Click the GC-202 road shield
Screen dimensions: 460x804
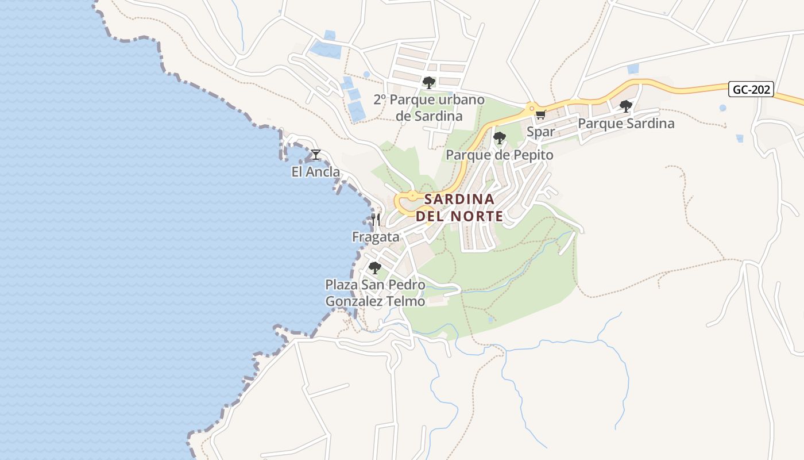(751, 89)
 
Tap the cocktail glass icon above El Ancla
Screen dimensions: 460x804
(315, 154)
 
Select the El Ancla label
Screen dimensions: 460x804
(315, 172)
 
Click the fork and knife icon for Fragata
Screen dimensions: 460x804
(376, 219)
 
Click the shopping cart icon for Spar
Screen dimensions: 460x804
(540, 114)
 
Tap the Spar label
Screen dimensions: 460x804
(540, 132)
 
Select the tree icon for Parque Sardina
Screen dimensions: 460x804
(625, 106)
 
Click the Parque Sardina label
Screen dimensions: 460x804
(625, 124)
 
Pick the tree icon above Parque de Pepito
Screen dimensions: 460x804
(499, 138)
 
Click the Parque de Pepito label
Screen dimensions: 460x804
(499, 155)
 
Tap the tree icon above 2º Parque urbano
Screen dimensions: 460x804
(428, 82)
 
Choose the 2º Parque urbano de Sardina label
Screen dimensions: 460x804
(428, 108)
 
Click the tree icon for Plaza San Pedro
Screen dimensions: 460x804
(375, 267)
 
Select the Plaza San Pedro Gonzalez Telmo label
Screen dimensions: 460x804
(375, 293)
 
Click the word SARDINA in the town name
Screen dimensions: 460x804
(459, 200)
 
